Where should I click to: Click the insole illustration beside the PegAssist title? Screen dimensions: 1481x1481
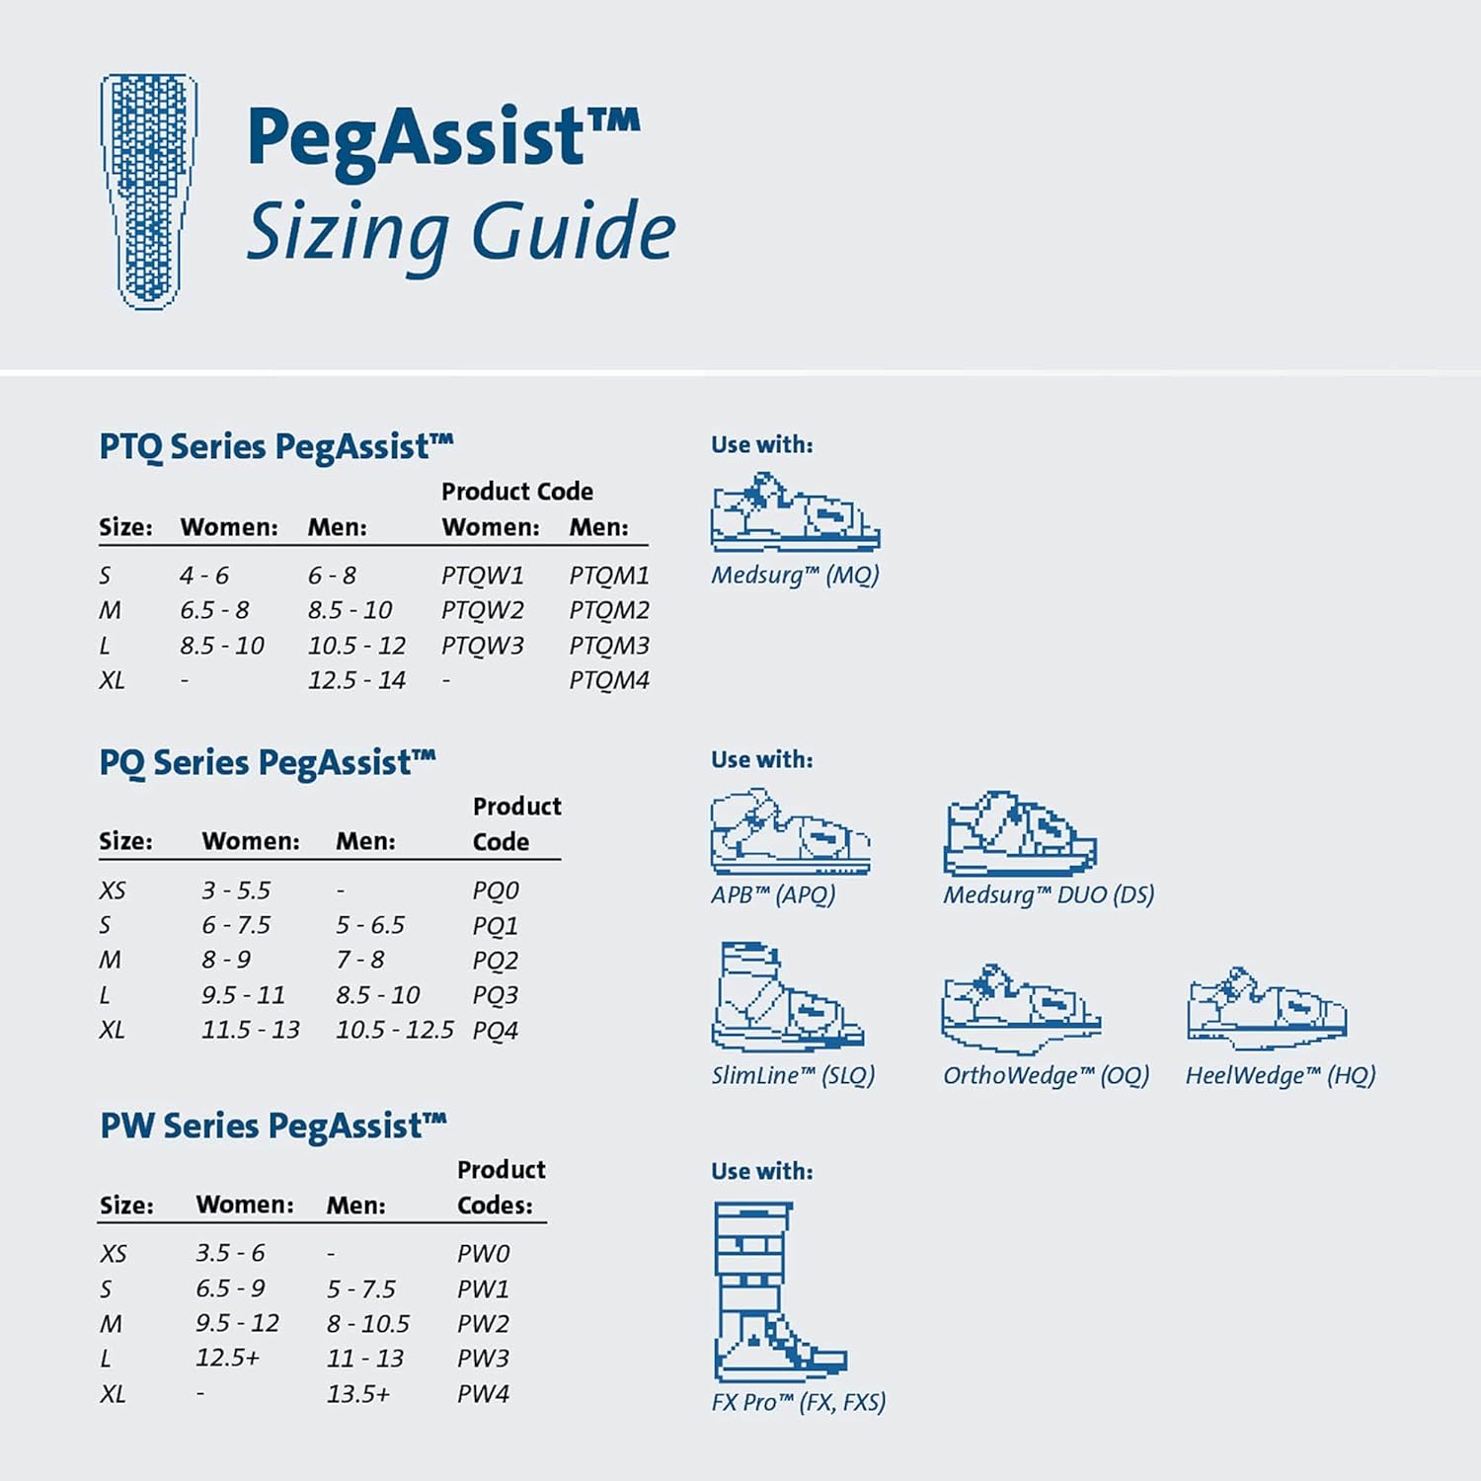click(149, 192)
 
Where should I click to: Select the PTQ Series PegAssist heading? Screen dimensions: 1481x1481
click(276, 446)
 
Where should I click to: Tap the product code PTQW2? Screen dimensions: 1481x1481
click(482, 610)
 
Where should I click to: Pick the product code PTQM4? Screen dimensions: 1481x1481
click(609, 680)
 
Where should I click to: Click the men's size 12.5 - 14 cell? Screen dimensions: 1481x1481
click(356, 680)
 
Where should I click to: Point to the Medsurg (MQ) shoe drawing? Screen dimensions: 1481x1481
click(794, 512)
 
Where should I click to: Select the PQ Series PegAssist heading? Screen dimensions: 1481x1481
click(268, 762)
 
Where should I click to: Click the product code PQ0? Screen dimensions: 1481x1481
click(495, 891)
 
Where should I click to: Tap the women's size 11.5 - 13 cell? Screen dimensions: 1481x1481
click(251, 1030)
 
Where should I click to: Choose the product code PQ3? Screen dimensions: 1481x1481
click(495, 995)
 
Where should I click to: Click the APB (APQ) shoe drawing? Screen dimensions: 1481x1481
click(790, 831)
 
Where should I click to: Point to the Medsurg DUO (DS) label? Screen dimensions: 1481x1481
click(1049, 895)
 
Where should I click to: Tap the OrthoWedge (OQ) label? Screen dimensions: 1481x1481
click(1046, 1075)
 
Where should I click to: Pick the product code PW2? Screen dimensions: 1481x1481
click(483, 1323)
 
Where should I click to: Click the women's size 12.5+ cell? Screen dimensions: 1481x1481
click(227, 1358)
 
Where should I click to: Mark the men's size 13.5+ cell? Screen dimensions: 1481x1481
click(358, 1393)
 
